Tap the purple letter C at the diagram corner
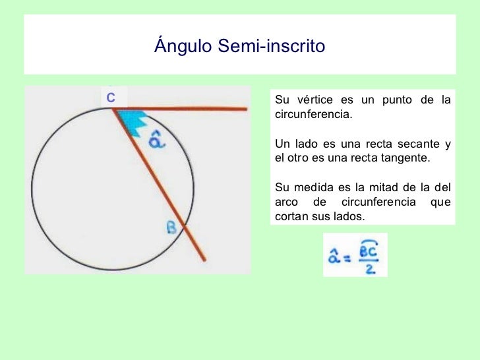(x=111, y=98)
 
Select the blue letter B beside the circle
(x=171, y=228)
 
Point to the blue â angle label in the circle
(x=156, y=140)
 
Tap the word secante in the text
(x=413, y=144)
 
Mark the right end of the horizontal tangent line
(x=246, y=109)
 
